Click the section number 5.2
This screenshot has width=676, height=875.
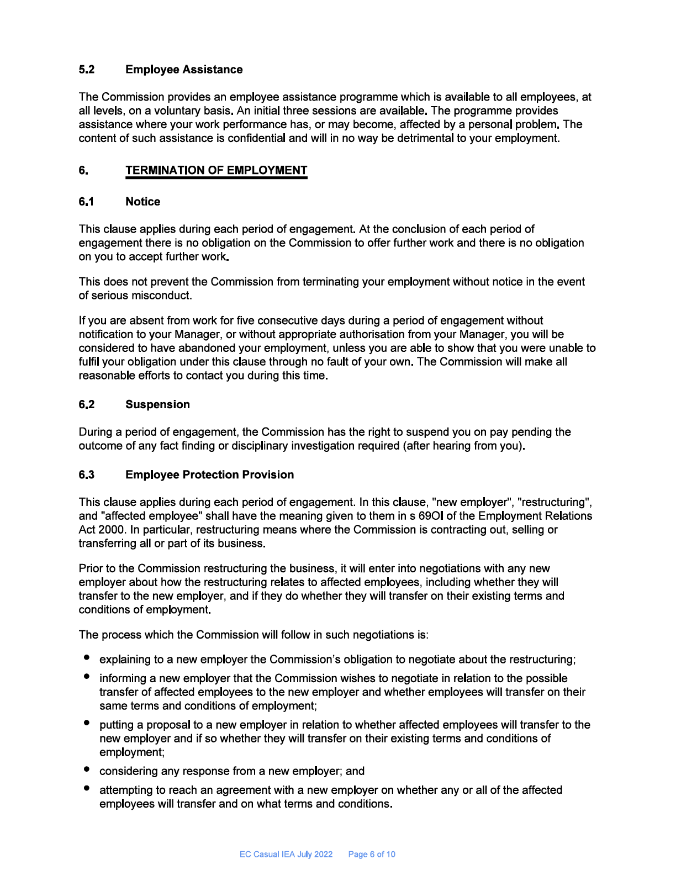coord(86,70)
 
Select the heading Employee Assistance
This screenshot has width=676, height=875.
coord(184,70)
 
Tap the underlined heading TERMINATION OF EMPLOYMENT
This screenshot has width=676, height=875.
coord(216,170)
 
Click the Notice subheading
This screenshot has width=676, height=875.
coord(142,202)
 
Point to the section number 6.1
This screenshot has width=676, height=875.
coord(86,202)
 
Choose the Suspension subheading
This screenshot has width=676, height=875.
coord(157,404)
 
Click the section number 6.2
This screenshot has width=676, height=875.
coord(86,404)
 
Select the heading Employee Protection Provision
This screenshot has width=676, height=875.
coord(209,475)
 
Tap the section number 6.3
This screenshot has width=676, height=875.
coord(86,475)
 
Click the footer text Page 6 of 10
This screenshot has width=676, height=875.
coord(372,855)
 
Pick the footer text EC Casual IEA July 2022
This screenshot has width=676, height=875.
coord(286,855)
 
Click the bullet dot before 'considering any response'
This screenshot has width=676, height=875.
coord(87,769)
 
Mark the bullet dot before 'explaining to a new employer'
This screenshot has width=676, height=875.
coord(87,657)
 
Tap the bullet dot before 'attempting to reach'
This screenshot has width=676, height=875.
coord(87,788)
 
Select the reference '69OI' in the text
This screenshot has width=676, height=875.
coord(431,516)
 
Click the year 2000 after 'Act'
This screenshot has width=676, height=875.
coord(113,530)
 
